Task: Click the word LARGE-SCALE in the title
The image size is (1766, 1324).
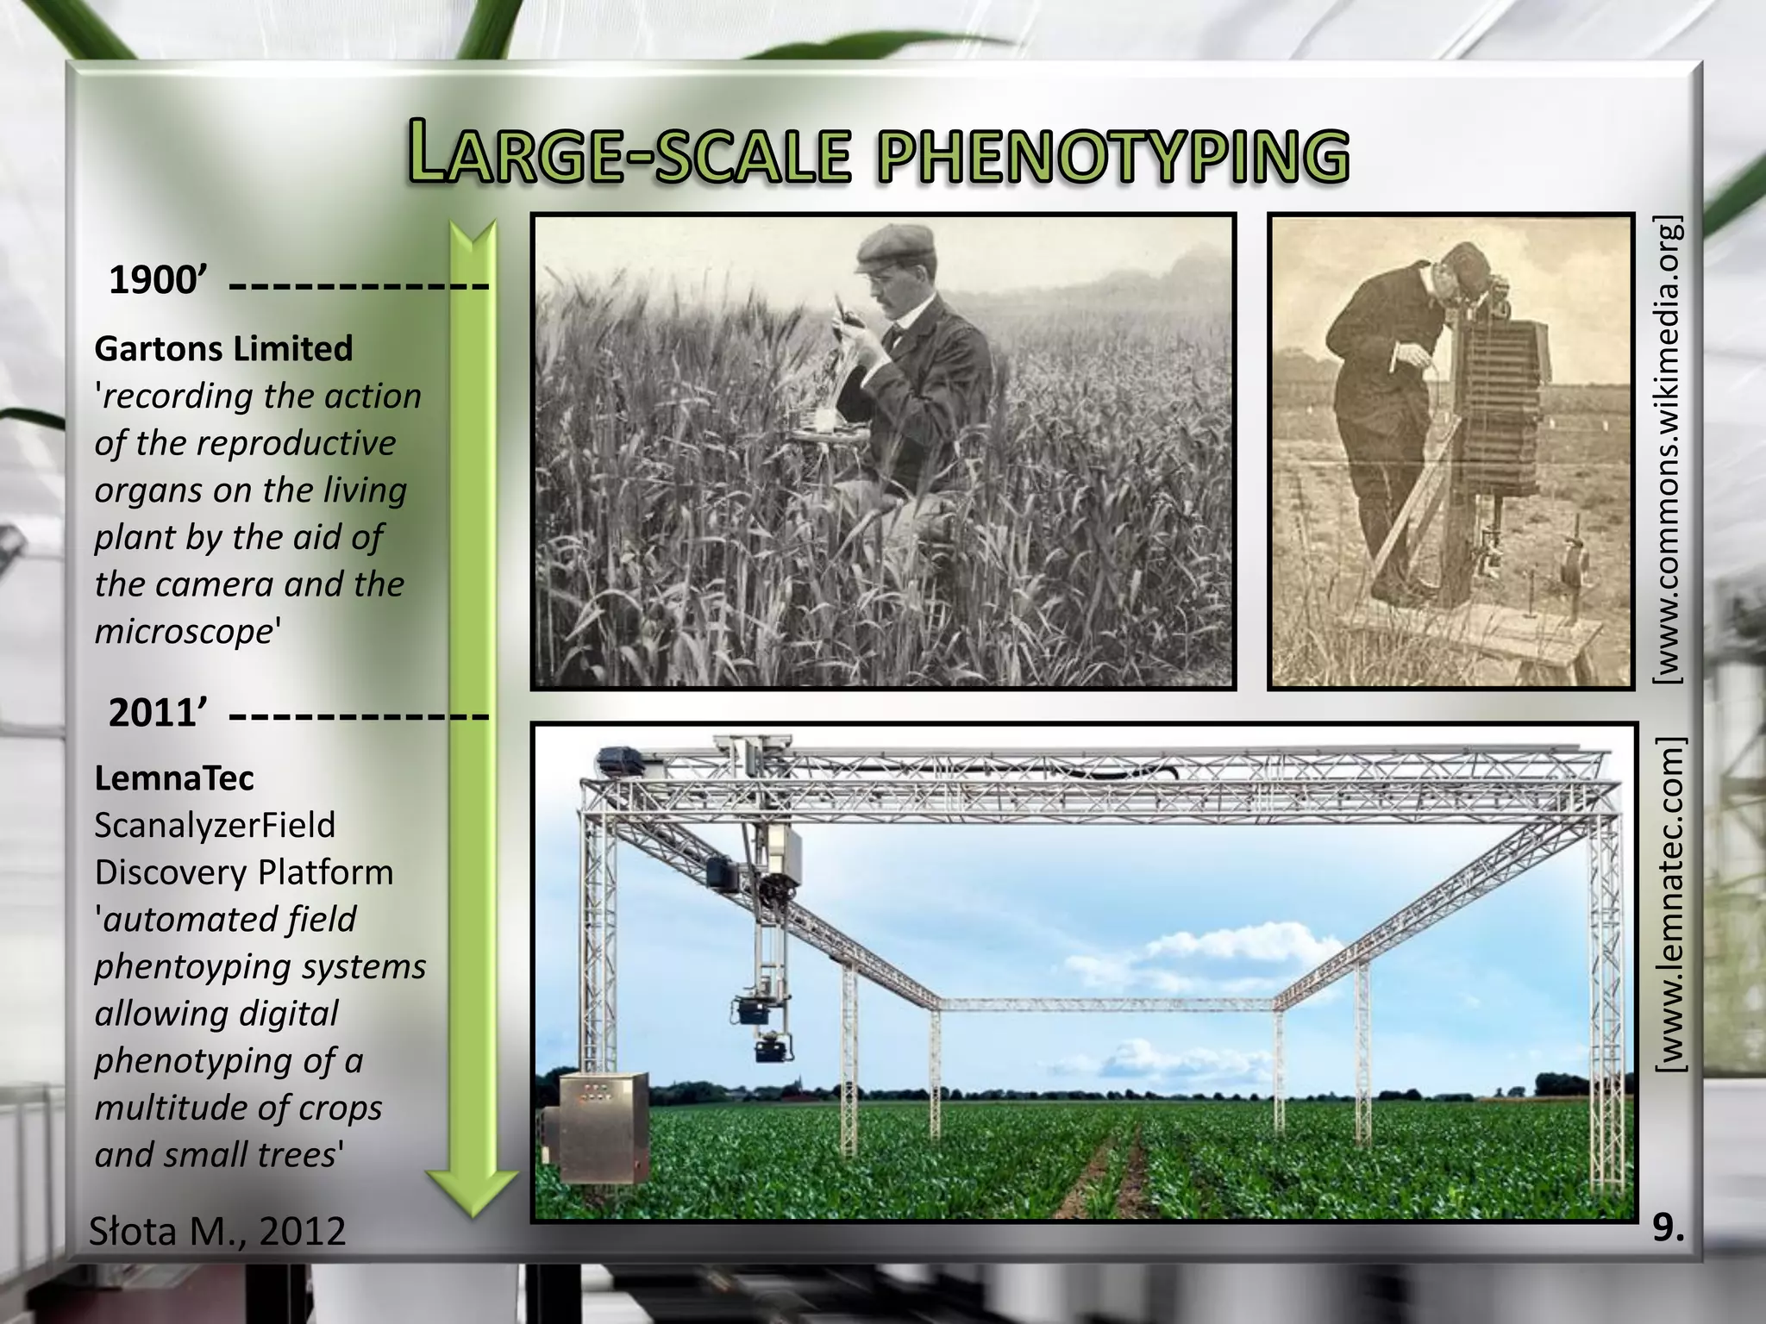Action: click(629, 155)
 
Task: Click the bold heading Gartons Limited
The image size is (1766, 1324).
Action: click(223, 349)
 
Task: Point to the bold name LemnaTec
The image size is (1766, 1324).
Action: click(174, 778)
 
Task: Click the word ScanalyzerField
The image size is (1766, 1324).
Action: click(215, 825)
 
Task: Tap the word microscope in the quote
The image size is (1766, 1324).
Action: click(184, 631)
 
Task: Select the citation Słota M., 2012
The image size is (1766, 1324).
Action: click(217, 1231)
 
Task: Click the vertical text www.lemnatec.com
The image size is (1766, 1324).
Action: click(1669, 906)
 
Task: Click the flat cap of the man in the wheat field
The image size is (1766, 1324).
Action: click(894, 245)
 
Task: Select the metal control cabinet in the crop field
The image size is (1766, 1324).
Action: click(604, 1127)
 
